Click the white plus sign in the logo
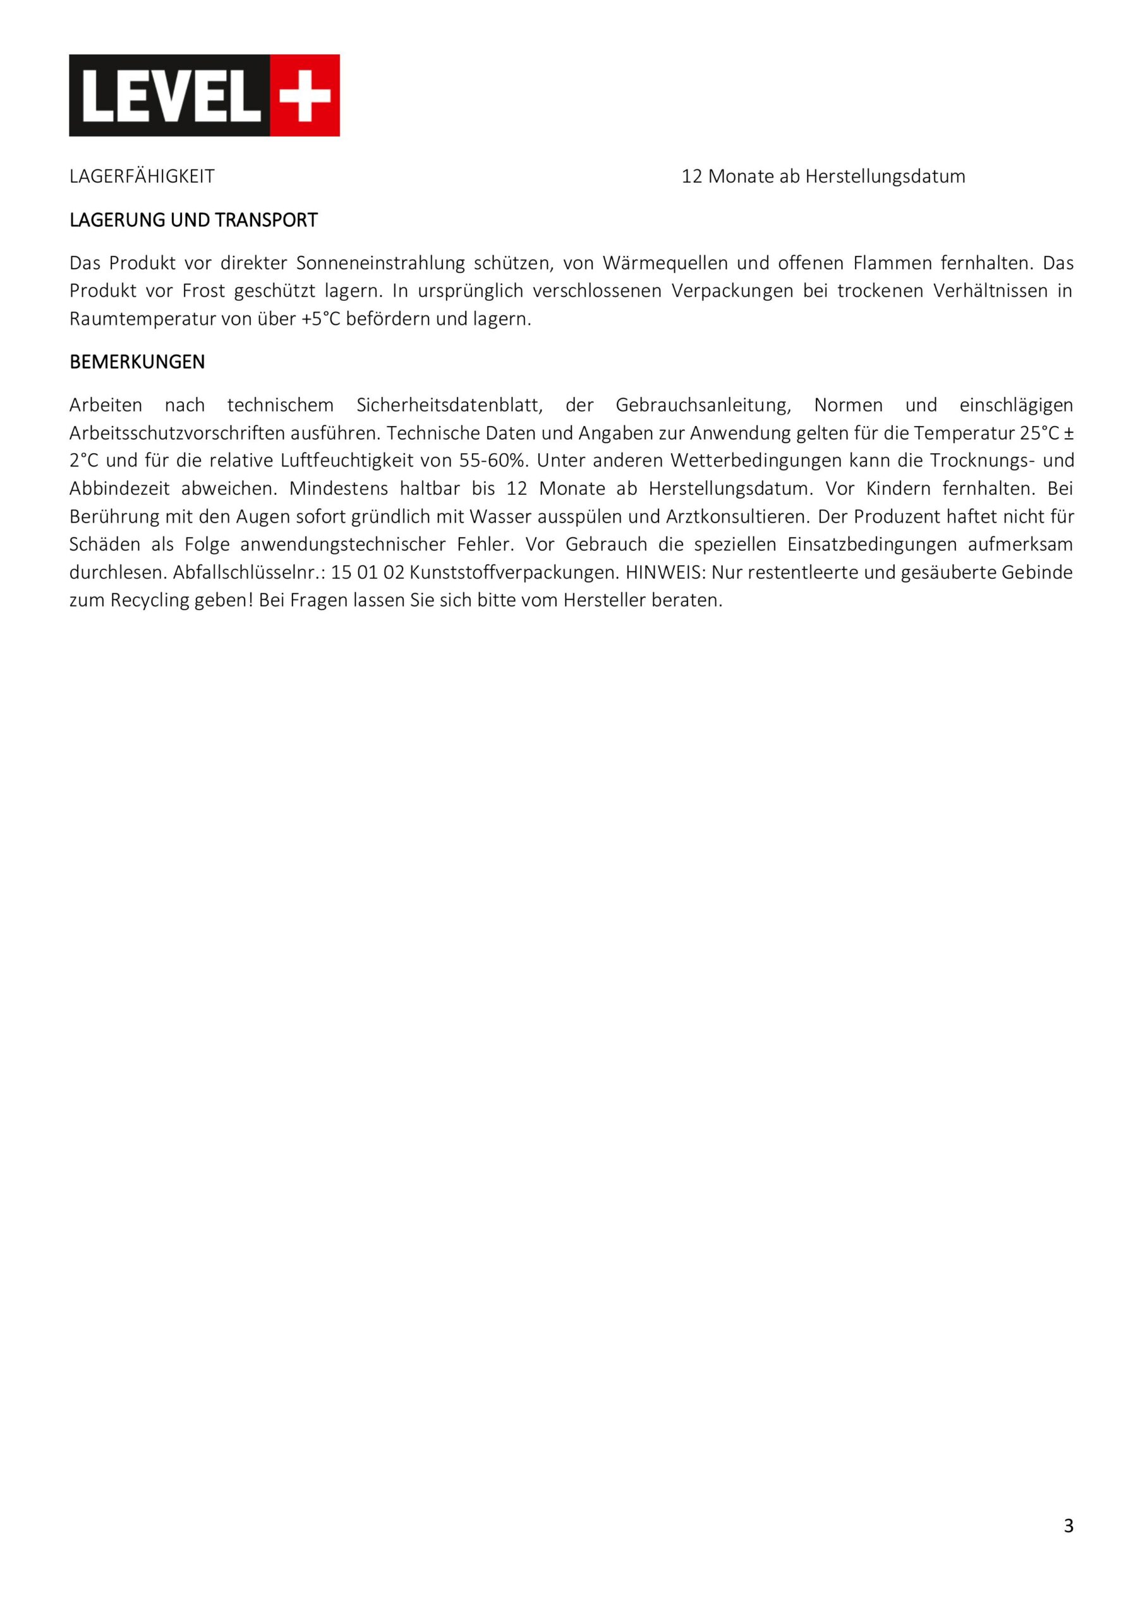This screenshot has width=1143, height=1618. tap(305, 95)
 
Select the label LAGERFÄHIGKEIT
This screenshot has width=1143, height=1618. tap(142, 177)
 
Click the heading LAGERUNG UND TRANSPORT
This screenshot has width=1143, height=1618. tap(193, 221)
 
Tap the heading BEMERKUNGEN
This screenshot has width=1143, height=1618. tap(136, 362)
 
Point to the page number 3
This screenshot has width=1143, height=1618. tap(1068, 1526)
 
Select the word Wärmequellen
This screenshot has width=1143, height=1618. tap(665, 264)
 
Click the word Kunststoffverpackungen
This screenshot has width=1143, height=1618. tap(512, 573)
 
